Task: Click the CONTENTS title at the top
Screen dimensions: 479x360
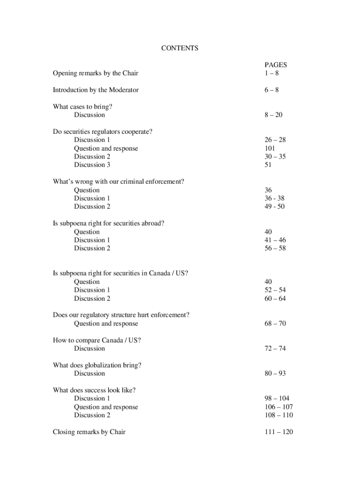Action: click(180, 48)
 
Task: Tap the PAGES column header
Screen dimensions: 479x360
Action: click(275, 65)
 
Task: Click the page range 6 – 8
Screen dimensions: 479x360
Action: click(271, 90)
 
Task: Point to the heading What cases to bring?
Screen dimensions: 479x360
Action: click(82, 107)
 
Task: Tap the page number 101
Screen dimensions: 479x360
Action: click(270, 148)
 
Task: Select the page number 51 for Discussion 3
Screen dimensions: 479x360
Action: click(268, 165)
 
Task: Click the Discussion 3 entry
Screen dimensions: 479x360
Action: click(92, 165)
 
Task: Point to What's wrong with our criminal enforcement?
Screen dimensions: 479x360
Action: click(118, 181)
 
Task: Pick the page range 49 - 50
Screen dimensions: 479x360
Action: click(274, 207)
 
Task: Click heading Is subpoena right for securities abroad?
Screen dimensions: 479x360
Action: click(108, 223)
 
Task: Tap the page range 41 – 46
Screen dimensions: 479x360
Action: click(275, 240)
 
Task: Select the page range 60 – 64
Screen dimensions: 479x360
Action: click(275, 298)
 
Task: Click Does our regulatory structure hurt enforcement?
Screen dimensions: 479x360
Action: click(121, 315)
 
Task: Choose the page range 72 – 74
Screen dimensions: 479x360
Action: click(275, 348)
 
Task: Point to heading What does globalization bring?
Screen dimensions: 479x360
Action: click(97, 365)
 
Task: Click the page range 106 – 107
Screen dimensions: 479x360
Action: click(279, 407)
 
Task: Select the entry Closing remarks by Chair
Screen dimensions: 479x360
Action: click(89, 432)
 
